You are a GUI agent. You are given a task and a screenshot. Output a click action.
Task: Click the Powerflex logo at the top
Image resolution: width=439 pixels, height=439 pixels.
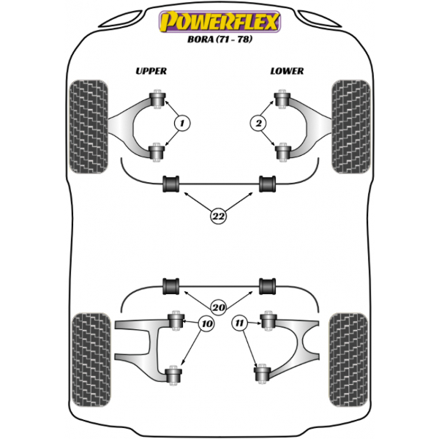point(219,21)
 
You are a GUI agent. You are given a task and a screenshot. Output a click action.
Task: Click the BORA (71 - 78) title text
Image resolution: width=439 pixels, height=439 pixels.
point(219,39)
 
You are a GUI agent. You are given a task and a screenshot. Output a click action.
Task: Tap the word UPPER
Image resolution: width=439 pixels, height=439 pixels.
point(151,71)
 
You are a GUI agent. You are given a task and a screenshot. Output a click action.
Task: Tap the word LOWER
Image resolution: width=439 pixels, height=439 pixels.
point(287,71)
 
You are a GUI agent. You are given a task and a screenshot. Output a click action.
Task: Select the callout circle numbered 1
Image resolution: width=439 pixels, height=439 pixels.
point(182,123)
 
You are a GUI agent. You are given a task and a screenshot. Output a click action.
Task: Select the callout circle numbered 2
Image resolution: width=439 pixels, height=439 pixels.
point(258,123)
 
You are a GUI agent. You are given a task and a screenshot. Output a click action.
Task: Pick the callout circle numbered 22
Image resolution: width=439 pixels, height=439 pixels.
point(218,216)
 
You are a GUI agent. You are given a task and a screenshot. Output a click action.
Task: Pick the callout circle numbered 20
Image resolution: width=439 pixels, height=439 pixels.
point(218,307)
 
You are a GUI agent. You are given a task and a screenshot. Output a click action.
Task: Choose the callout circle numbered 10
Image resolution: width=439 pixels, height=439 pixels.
point(206,324)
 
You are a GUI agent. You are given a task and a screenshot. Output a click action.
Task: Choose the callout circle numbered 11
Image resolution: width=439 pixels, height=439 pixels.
point(240,323)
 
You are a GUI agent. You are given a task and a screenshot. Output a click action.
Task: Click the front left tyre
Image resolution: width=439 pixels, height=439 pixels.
point(89,127)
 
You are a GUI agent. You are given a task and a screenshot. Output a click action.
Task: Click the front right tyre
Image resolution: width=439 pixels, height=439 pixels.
point(350,127)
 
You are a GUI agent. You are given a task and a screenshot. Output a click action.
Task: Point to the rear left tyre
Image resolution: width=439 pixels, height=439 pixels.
point(91,360)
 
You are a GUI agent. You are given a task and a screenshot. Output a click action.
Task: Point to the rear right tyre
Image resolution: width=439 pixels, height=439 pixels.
point(348,360)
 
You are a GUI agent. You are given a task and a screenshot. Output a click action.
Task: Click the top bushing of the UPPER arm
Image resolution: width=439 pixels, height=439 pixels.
point(157,99)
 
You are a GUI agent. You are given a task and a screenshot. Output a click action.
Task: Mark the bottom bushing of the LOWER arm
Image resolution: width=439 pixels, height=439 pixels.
point(282,152)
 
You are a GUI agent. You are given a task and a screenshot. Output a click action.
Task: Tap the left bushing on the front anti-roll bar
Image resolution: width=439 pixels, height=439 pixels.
point(170,184)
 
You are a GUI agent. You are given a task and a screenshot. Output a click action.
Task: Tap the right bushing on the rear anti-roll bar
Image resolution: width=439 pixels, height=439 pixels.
point(267,286)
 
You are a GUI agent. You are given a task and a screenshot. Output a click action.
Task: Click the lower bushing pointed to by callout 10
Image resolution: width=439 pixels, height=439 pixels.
point(173,375)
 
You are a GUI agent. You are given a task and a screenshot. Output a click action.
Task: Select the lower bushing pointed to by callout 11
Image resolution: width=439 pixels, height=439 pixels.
point(263,374)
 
